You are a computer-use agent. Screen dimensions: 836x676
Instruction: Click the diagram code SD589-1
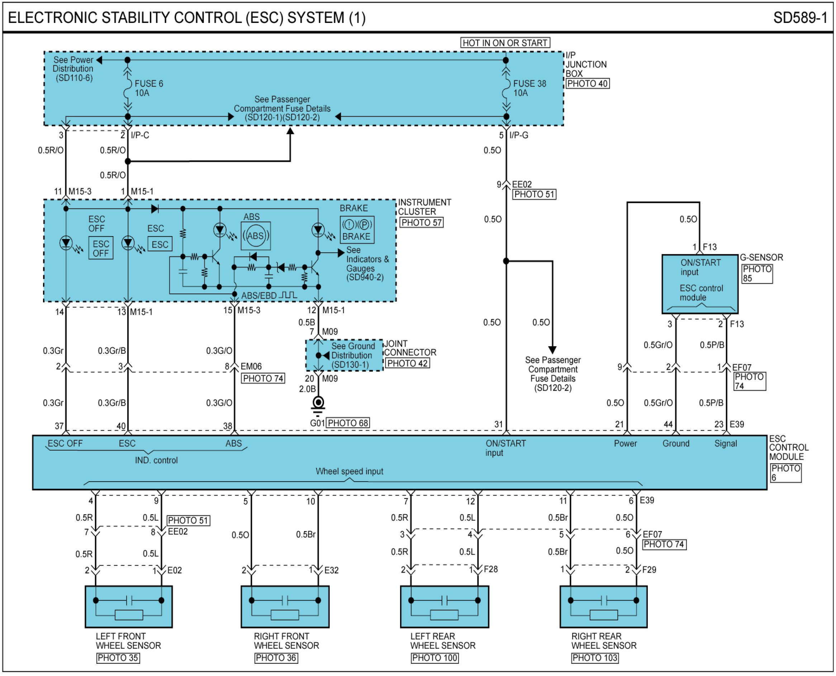click(x=800, y=18)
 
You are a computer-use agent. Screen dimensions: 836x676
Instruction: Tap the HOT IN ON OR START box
click(x=505, y=43)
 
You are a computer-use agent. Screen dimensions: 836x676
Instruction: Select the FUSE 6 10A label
click(x=149, y=88)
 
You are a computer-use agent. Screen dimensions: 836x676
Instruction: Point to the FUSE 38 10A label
click(x=529, y=88)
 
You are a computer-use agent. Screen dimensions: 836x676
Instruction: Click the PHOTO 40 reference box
click(x=588, y=83)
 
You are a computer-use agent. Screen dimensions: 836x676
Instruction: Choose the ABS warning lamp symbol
click(x=256, y=236)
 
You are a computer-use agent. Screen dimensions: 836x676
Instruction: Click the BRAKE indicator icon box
click(x=357, y=230)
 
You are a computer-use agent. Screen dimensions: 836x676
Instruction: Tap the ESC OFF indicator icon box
click(x=101, y=248)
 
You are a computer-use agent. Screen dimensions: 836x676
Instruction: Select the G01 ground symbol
click(x=318, y=407)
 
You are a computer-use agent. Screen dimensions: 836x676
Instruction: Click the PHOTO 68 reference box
click(x=348, y=423)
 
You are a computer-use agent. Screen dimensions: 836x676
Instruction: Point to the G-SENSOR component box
click(x=700, y=284)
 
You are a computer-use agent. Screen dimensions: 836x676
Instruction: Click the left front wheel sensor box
click(x=129, y=607)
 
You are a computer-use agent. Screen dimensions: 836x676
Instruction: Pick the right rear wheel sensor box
click(x=603, y=607)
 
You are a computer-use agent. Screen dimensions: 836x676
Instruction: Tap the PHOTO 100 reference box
click(x=435, y=658)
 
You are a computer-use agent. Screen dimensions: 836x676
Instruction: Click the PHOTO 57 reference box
click(x=422, y=222)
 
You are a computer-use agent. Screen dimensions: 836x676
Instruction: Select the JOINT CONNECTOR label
click(x=410, y=348)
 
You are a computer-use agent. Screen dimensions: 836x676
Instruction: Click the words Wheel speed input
click(x=349, y=471)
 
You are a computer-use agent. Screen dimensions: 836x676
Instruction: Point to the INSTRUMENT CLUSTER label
click(x=424, y=207)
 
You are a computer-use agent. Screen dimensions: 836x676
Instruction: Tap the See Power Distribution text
click(x=73, y=69)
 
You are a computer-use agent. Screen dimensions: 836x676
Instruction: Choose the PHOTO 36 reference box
click(x=276, y=658)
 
